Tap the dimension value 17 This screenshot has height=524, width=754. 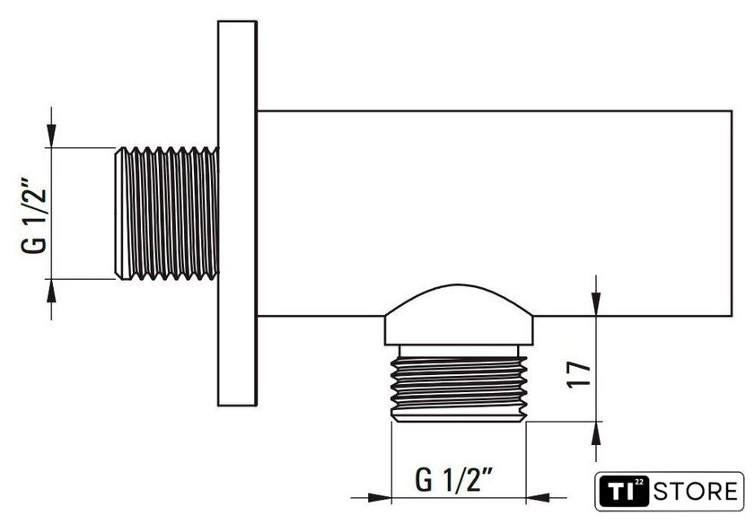[x=578, y=374]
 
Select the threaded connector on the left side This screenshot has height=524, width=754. [x=167, y=213]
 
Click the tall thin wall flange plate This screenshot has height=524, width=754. [x=237, y=213]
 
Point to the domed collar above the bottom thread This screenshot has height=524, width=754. [x=459, y=315]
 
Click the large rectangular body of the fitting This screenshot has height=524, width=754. [x=495, y=213]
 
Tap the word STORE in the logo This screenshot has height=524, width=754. [x=695, y=492]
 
